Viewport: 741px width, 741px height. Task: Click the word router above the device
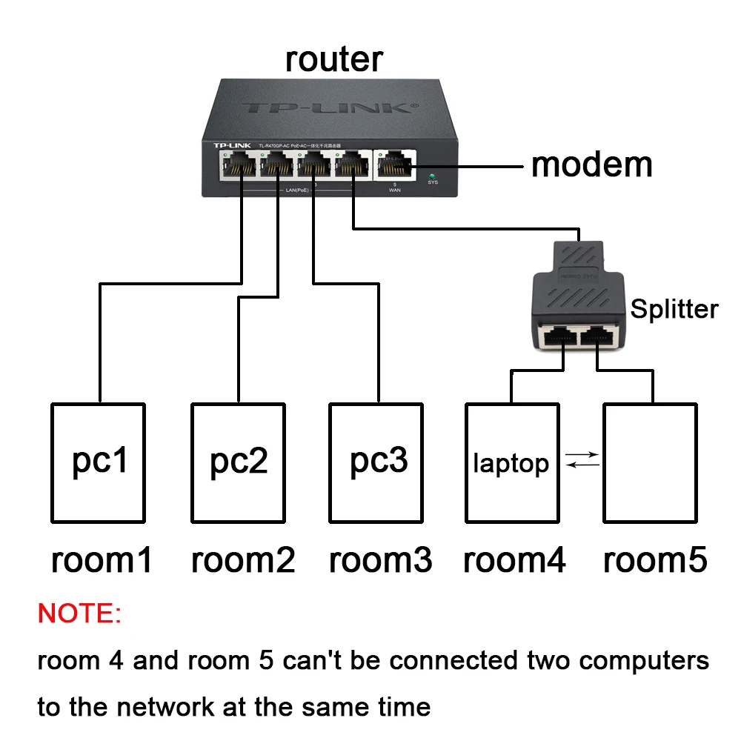[x=334, y=59]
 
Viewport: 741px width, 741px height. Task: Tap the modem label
[x=591, y=164]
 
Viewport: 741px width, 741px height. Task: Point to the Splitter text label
[x=674, y=309]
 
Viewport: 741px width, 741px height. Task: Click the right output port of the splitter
[x=599, y=339]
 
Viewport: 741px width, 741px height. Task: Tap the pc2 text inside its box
[x=239, y=461]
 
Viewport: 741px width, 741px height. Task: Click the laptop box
[x=511, y=463]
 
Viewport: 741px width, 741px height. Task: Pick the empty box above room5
[x=650, y=463]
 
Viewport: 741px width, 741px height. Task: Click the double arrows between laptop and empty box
[x=582, y=460]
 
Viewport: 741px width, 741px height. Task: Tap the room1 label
[x=102, y=560]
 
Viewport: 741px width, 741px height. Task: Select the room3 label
[x=380, y=560]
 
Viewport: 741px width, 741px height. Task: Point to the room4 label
[x=514, y=560]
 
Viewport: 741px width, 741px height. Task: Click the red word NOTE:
[x=79, y=614]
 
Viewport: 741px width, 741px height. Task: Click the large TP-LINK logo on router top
[x=326, y=108]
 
